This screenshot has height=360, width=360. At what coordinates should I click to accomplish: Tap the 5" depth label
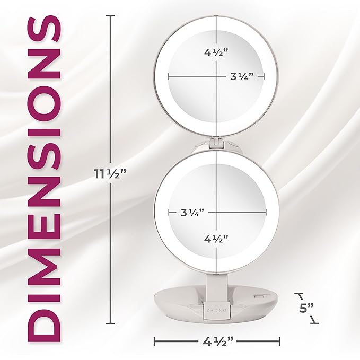tap(306, 308)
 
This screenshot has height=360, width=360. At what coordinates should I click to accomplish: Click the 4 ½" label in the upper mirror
tap(216, 53)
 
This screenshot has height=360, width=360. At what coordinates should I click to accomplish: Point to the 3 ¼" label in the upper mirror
tap(242, 76)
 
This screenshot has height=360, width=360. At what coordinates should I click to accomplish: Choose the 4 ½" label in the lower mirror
tap(216, 239)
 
